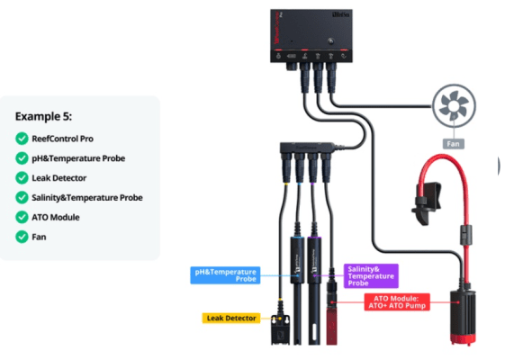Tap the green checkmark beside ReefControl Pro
[22, 138]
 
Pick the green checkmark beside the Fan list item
[22, 237]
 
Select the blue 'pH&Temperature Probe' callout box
[225, 274]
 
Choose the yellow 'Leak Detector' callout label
[230, 318]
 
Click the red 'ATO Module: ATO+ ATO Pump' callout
[393, 302]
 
